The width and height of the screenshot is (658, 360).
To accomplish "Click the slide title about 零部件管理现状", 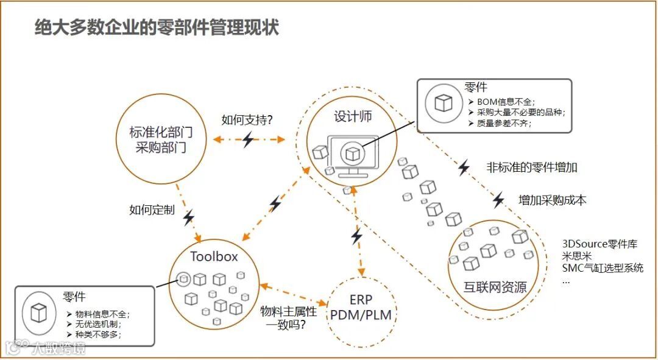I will point(157,28).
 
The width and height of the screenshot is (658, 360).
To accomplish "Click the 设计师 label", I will point(352,116).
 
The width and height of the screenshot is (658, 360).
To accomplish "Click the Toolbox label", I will point(214,256).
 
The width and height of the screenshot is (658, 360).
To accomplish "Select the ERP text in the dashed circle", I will point(361,300).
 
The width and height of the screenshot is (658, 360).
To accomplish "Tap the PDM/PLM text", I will point(361,315).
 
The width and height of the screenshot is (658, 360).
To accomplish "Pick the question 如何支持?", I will point(247,120).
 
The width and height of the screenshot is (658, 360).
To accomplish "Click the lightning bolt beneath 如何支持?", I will point(247,140).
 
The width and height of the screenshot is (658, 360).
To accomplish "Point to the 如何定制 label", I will point(152,210).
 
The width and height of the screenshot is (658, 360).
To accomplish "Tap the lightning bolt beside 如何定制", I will point(189,217).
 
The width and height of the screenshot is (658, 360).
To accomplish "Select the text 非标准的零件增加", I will point(531,167).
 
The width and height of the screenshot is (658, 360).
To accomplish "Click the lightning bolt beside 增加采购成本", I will point(498,199).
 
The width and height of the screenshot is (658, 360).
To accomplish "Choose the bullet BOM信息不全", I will point(506,101).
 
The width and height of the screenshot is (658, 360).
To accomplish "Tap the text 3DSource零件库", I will point(600,244).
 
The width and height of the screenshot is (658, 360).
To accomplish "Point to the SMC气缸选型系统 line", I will point(602,268).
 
